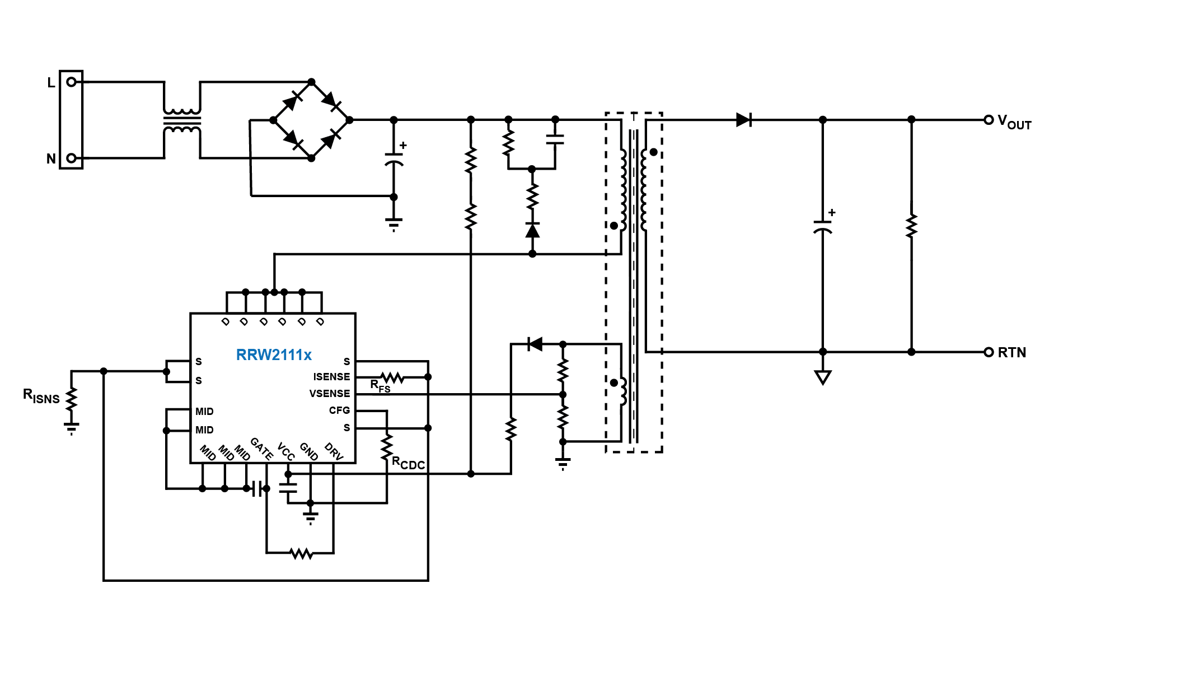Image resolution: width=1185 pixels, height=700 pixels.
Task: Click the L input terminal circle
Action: pos(71,82)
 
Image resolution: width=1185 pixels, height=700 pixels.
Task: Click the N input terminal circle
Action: pos(71,158)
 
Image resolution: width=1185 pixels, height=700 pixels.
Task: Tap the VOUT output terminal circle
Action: pos(989,120)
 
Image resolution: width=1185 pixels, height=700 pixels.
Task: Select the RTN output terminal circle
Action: pos(989,352)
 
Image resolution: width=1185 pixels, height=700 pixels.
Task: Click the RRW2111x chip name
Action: pos(274,354)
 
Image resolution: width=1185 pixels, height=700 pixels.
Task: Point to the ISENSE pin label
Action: pos(331,377)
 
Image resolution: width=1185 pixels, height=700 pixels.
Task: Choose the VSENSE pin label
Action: pos(329,394)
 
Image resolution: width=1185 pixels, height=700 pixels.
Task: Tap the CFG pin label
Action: pos(339,410)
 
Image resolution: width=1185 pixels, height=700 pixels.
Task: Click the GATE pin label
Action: pos(261,449)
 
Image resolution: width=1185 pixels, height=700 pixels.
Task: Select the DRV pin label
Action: pos(334,451)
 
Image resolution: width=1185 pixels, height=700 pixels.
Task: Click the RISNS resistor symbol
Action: pos(71,399)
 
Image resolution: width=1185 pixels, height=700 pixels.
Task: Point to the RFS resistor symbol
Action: pos(392,377)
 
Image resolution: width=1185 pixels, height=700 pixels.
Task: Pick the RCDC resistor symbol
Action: pos(387,447)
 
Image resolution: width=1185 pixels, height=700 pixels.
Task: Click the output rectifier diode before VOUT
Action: pos(743,120)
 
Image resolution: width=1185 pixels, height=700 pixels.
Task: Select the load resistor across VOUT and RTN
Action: pos(911,226)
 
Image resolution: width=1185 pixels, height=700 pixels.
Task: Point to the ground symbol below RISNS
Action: pos(71,428)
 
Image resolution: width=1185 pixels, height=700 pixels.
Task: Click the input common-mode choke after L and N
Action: pos(182,120)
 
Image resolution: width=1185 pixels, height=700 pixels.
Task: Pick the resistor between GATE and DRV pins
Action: pos(301,553)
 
